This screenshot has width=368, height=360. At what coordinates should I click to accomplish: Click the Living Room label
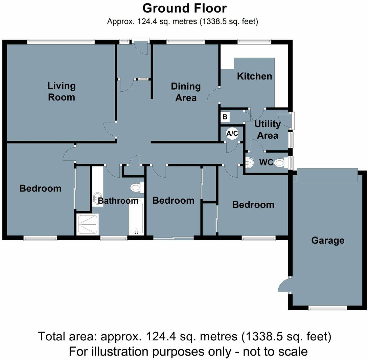point(61,91)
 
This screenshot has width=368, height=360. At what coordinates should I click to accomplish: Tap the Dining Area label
point(185,92)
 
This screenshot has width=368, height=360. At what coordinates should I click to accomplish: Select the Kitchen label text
point(254,76)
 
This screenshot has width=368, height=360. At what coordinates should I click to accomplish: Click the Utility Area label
point(268,130)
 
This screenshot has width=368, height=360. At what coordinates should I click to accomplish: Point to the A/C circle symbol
point(232,134)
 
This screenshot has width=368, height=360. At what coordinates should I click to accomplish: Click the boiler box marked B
point(225,117)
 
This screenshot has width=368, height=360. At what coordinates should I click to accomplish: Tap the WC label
point(266,162)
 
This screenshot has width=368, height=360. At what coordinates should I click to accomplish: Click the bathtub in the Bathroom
point(136,217)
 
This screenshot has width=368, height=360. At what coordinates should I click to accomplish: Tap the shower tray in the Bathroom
point(88,224)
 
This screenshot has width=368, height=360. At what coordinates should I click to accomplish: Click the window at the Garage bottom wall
point(327,308)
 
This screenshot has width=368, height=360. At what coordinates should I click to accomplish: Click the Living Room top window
point(61,42)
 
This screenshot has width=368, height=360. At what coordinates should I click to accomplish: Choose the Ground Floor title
point(184,8)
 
